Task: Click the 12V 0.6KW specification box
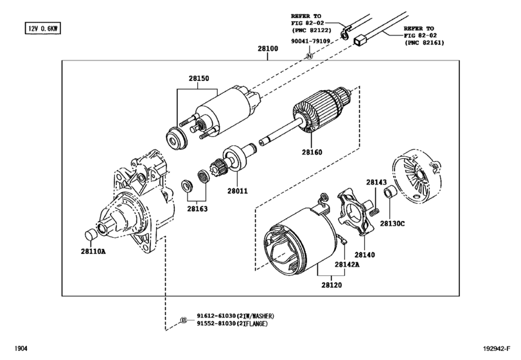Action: pyautogui.click(x=42, y=28)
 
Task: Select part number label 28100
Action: pyautogui.click(x=268, y=48)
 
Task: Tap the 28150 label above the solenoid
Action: pyautogui.click(x=199, y=78)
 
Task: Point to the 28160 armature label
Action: pyautogui.click(x=312, y=152)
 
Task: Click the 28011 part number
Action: pyautogui.click(x=237, y=191)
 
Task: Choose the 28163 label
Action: pyautogui.click(x=197, y=209)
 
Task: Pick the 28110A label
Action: pyautogui.click(x=93, y=251)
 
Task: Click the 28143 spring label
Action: pyautogui.click(x=376, y=182)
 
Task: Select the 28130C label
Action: pyautogui.click(x=392, y=224)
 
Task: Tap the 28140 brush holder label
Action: pyautogui.click(x=364, y=255)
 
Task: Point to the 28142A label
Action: pyautogui.click(x=347, y=265)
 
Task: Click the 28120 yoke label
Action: pyautogui.click(x=331, y=285)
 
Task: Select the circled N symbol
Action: pyautogui.click(x=310, y=56)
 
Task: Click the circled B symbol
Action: pyautogui.click(x=184, y=320)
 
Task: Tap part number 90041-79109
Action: pyautogui.click(x=311, y=41)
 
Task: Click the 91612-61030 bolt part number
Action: pyautogui.click(x=216, y=316)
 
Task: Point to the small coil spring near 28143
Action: pyautogui.click(x=373, y=211)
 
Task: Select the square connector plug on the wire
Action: pyautogui.click(x=360, y=40)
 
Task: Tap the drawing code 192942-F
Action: pyautogui.click(x=497, y=348)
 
